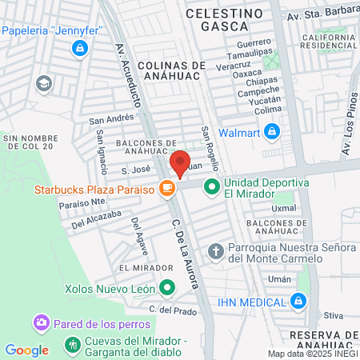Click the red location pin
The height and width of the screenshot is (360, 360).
pos(180,163)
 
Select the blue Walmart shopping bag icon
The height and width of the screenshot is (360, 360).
pos(272,130)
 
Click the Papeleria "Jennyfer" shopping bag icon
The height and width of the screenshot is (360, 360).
pos(78,50)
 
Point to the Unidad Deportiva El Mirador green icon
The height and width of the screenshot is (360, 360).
pos(211,189)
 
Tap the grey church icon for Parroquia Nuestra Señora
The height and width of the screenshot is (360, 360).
pos(215,252)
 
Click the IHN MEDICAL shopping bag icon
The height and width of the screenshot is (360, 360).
pos(298,302)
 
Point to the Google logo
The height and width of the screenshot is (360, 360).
pos(26,350)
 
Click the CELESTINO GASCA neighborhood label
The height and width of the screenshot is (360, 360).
pos(224,21)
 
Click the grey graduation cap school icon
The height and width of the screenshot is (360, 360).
pos(43,82)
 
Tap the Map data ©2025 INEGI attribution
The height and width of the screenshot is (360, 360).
pos(313,353)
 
